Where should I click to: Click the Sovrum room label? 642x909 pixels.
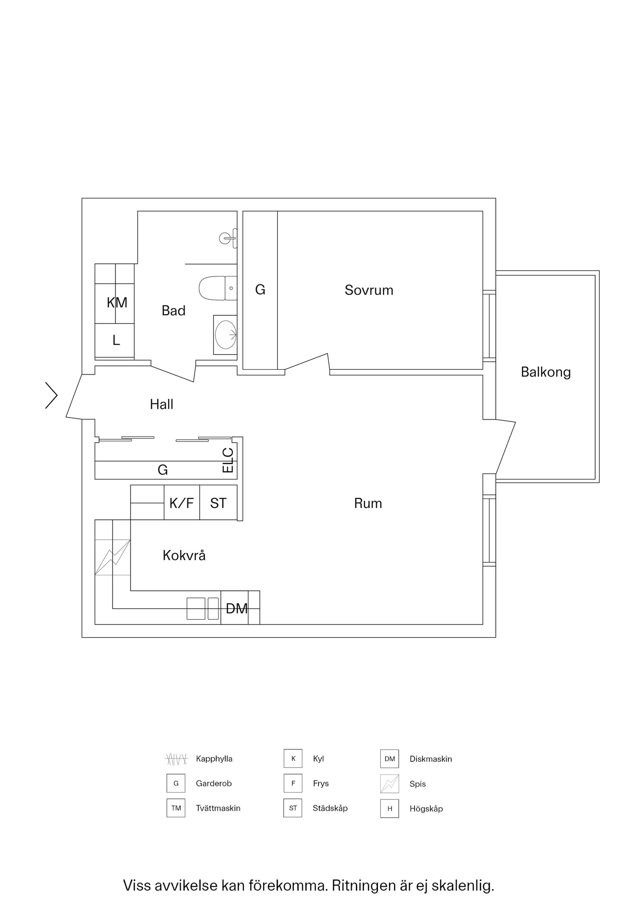(369, 290)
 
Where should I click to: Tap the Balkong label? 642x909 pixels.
(545, 372)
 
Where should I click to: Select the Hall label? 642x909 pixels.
(161, 404)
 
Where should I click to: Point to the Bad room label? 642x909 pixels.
(173, 311)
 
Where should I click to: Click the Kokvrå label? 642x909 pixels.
(184, 555)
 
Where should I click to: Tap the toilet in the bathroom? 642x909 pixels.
(218, 288)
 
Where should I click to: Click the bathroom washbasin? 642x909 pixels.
(225, 335)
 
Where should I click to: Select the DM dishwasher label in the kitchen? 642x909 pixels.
(237, 608)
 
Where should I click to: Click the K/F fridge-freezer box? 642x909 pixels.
(182, 502)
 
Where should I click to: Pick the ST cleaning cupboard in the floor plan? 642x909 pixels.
(218, 502)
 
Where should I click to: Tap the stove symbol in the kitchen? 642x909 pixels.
(113, 557)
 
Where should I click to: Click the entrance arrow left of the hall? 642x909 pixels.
(51, 395)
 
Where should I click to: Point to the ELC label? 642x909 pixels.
(228, 460)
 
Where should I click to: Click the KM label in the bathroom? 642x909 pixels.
(117, 303)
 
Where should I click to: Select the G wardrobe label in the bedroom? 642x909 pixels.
(260, 289)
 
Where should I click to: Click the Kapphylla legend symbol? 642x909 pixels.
(176, 759)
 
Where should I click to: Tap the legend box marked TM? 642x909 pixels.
(176, 808)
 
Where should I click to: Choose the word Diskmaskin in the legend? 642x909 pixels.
(431, 759)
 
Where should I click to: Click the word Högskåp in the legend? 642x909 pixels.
(426, 809)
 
